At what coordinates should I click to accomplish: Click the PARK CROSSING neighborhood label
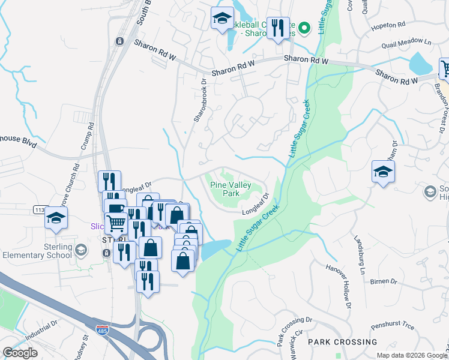pyautogui.click(x=343, y=342)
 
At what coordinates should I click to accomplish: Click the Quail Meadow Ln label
pyautogui.click(x=411, y=43)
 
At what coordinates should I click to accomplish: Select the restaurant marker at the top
pyautogui.click(x=277, y=27)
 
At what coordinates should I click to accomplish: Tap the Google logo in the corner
pyautogui.click(x=20, y=353)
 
